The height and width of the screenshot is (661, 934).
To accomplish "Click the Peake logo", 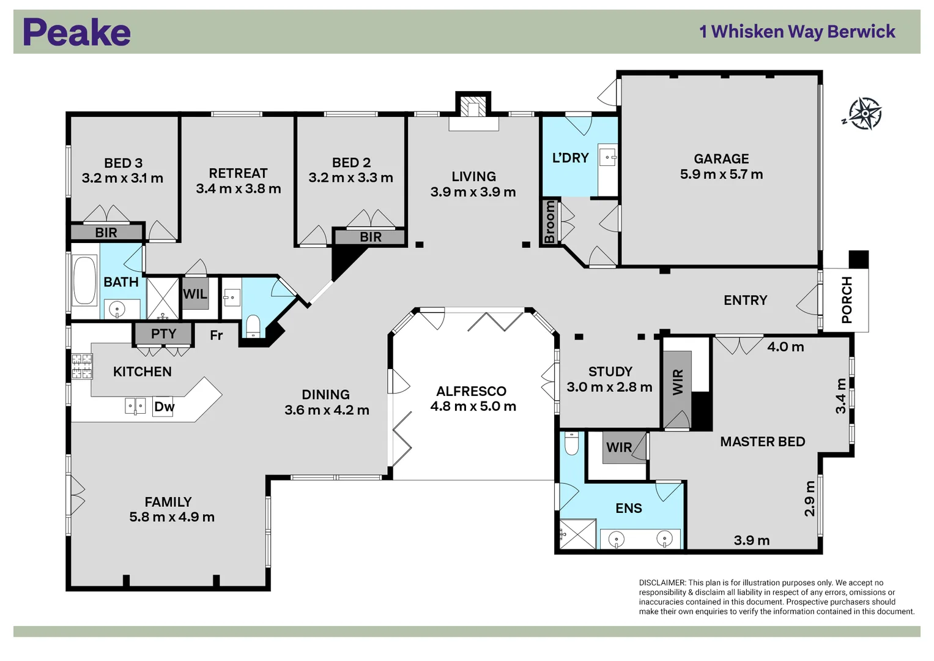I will [x=76, y=32].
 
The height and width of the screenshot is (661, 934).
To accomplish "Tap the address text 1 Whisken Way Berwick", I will [x=796, y=32].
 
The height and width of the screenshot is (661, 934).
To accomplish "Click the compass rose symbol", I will [x=864, y=114].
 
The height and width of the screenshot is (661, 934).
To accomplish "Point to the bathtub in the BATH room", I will [x=84, y=280].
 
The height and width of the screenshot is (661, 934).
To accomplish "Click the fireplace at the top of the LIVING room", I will [x=473, y=108].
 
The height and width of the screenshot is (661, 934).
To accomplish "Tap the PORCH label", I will [x=847, y=300].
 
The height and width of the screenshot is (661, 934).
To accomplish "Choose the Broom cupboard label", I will [x=549, y=222].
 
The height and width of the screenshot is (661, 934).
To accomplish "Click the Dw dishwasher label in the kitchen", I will [x=163, y=407].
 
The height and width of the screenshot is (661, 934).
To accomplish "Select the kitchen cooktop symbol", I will [x=82, y=367].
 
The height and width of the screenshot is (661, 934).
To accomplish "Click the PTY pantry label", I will [x=163, y=334].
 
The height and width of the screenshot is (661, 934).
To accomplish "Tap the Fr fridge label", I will [x=216, y=335].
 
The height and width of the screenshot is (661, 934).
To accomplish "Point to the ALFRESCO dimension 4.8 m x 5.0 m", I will [x=473, y=406].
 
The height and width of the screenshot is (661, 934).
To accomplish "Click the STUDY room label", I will [x=610, y=372].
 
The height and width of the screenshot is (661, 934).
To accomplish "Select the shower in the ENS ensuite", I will [x=578, y=534].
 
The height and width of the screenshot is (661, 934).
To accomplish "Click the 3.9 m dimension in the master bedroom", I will [x=751, y=540].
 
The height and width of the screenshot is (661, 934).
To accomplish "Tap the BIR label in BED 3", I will [x=106, y=233].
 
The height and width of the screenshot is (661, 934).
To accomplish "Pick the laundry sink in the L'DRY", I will [x=607, y=157].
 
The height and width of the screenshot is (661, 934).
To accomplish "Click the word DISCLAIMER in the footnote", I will [x=662, y=583].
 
